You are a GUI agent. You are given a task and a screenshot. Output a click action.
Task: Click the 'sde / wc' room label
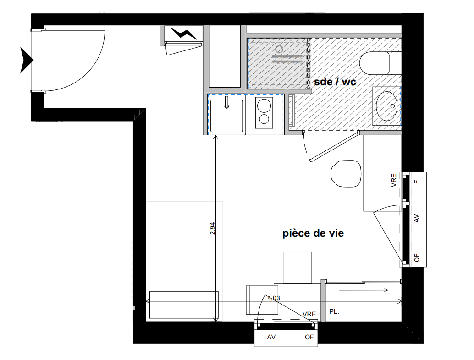[335, 82]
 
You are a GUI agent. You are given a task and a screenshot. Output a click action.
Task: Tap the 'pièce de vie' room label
[313, 233]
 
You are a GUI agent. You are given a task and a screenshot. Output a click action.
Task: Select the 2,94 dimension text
[212, 228]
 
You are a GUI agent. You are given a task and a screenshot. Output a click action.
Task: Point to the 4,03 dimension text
[274, 298]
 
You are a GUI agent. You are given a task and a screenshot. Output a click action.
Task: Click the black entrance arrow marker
[27, 60]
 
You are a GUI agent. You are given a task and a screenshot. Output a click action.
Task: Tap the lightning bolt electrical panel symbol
[184, 33]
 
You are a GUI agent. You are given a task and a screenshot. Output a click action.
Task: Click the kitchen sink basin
[227, 116]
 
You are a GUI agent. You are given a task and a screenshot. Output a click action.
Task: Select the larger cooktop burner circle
[264, 106]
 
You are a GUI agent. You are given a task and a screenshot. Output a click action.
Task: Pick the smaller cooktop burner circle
[264, 119]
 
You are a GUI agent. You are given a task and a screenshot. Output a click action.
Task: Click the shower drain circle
[279, 49]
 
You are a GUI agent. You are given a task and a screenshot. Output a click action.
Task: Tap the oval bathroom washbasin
[386, 106]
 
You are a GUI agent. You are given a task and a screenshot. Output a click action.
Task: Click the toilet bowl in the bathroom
[374, 63]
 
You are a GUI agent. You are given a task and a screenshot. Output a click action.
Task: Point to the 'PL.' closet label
[334, 311]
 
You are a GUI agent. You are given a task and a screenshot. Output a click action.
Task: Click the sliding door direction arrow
[364, 290]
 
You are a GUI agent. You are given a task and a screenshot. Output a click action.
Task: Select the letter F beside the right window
[417, 182]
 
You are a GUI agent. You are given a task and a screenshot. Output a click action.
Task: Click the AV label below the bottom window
[271, 337]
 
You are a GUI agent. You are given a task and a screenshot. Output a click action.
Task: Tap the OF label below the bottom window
[309, 337]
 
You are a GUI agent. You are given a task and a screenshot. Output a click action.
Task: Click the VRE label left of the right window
[394, 180]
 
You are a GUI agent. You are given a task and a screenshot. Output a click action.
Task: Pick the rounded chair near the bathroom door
[346, 173]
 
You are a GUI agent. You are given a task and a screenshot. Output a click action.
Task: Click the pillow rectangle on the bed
[184, 305]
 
